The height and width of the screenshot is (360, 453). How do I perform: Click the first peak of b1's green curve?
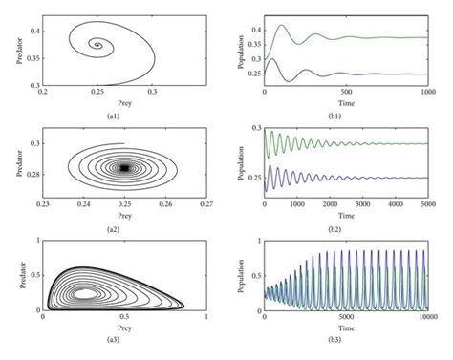coord(282,27)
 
